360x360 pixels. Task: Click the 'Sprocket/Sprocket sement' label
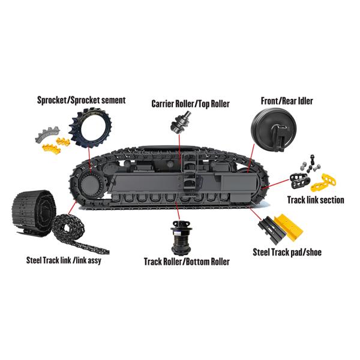pos(81,100)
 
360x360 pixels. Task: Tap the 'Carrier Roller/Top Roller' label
pos(190,104)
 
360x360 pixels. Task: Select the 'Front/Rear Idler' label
pos(287,101)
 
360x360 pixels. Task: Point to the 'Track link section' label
pos(316,200)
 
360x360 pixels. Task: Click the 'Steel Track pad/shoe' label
pos(287,253)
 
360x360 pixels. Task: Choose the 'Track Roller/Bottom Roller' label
pos(187,262)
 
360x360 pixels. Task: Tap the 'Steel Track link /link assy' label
pos(64,260)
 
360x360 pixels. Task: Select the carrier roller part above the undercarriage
pos(180,122)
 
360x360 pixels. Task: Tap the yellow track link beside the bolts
pos(323,183)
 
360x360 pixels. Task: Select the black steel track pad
pos(272,230)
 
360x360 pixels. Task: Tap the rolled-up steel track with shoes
pos(34,212)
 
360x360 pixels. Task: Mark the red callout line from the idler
pos(251,158)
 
